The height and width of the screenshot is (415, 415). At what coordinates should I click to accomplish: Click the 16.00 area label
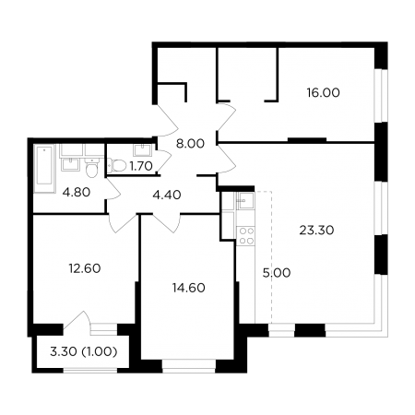[x=323, y=92]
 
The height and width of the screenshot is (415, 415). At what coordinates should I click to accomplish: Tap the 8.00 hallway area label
[x=190, y=144]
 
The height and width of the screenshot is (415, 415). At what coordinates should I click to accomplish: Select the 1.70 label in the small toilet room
[x=141, y=166]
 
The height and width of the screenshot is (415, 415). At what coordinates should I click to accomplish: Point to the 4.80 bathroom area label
[x=77, y=193]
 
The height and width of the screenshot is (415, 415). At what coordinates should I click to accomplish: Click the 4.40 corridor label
[x=167, y=195]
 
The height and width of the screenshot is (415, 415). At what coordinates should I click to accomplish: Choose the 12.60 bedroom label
[x=85, y=268]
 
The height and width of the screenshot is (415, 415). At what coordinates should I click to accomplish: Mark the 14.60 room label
[x=189, y=288]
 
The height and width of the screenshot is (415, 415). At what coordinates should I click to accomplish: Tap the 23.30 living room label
[x=316, y=230]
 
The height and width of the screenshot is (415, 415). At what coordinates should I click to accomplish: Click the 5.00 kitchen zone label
[x=277, y=273]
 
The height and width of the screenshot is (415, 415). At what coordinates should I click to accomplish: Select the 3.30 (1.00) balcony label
[x=84, y=351]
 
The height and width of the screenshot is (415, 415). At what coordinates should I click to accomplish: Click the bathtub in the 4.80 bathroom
[x=45, y=169]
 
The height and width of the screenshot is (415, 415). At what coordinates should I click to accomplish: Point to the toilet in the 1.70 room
[x=117, y=166]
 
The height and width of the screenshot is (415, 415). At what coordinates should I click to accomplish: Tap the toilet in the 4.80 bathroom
[x=91, y=168]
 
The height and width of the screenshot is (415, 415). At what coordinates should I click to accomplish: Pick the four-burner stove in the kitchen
[x=247, y=236]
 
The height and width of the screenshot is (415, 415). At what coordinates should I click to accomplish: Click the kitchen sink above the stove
[x=246, y=200]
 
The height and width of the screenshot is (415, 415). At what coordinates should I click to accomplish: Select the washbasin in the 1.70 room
[x=142, y=150]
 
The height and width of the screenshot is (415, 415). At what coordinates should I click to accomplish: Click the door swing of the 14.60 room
[x=166, y=223]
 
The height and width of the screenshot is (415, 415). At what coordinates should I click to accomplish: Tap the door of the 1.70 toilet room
[x=163, y=160]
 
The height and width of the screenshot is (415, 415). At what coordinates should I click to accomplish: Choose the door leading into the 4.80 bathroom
[x=113, y=189]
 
